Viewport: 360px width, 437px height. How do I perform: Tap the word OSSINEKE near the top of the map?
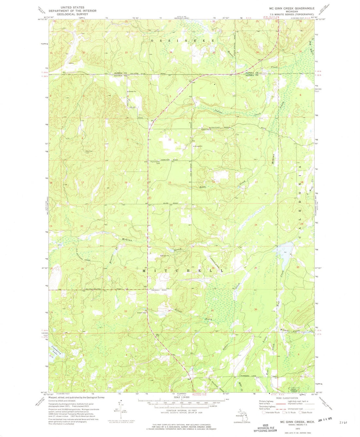182,40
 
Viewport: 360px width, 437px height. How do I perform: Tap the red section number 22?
171,225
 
